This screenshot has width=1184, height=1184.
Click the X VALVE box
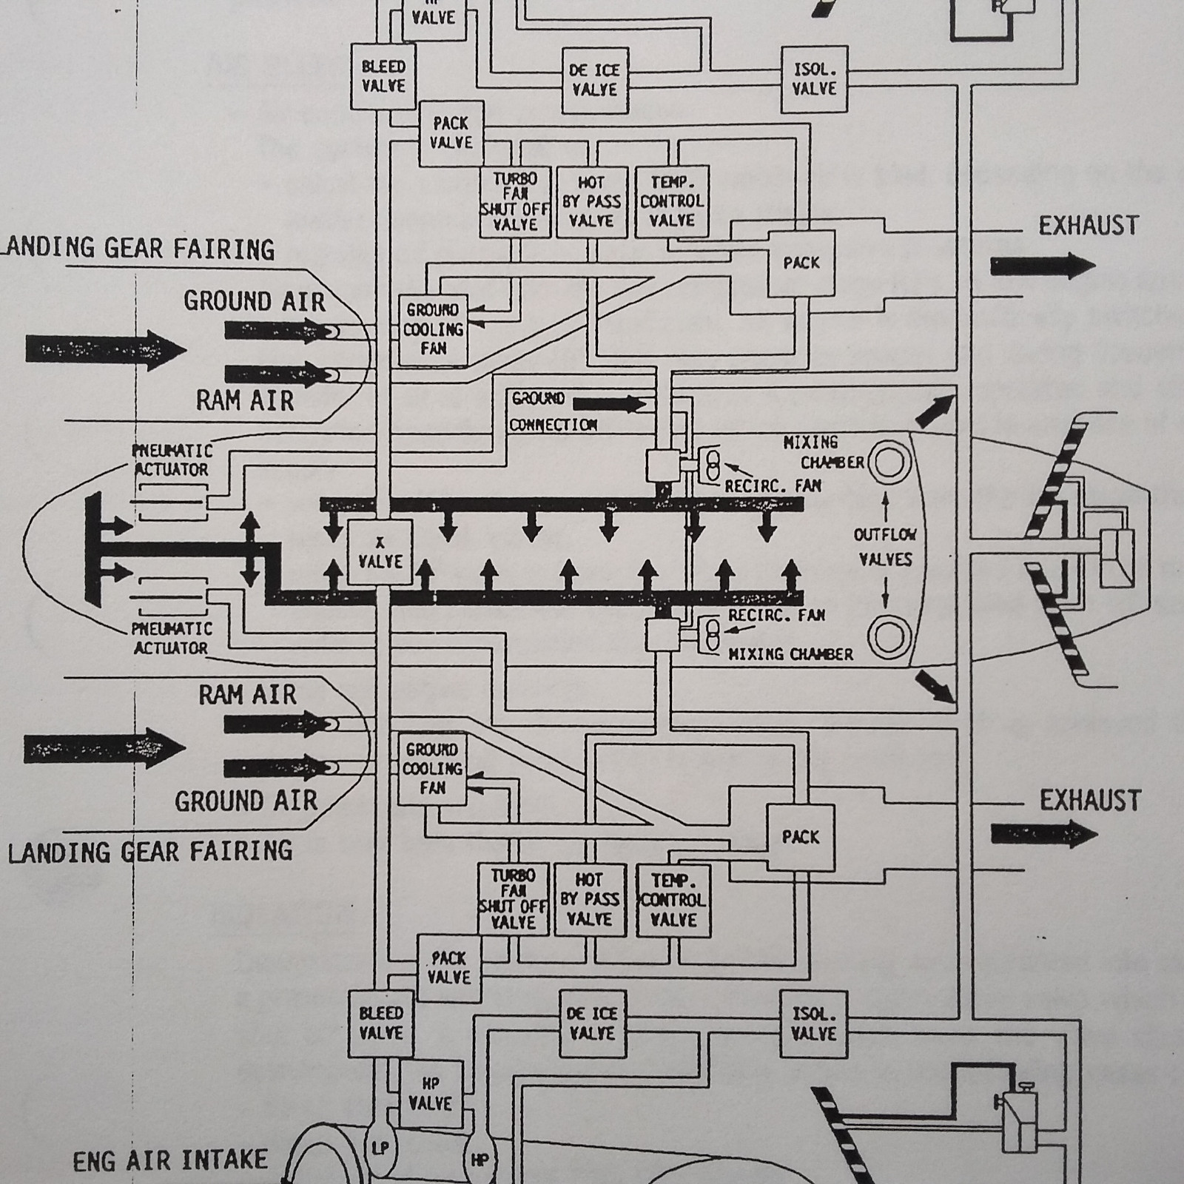tap(380, 553)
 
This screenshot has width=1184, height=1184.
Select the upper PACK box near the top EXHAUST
tap(801, 263)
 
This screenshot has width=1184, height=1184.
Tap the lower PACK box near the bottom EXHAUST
tap(801, 837)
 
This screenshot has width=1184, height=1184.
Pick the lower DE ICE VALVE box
tap(592, 1023)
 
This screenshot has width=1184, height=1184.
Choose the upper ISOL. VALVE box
tap(814, 80)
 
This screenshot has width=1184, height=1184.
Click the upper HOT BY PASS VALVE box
tap(591, 201)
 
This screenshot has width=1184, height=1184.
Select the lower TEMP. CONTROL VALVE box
tap(673, 901)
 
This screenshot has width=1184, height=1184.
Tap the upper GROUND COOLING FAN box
tap(433, 329)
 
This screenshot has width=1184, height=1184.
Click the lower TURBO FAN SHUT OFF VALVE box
tap(513, 899)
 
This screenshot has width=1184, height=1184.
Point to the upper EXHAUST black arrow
tap(1042, 266)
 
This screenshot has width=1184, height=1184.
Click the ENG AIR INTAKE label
tap(170, 1160)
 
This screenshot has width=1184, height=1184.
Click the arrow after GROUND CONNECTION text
tap(609, 404)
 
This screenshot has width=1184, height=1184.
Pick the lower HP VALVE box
tap(430, 1094)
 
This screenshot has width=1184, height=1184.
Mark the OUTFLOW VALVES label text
tap(885, 547)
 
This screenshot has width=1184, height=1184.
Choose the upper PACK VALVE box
tap(451, 133)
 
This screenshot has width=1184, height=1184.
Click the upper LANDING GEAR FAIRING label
tap(138, 249)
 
